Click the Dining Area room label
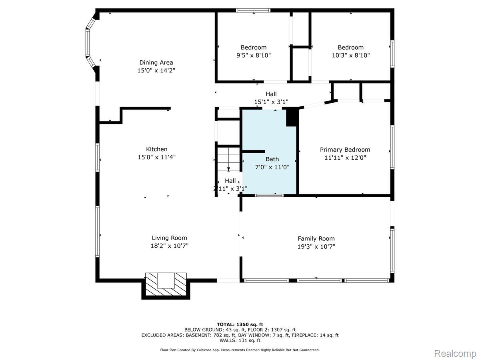click(x=156, y=62)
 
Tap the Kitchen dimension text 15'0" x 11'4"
click(x=156, y=157)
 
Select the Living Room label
click(x=169, y=238)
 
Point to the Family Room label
click(x=316, y=238)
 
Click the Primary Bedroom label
click(x=345, y=150)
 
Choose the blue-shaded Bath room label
click(x=272, y=159)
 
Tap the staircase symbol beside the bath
click(x=228, y=160)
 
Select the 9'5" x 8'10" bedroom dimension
click(x=253, y=56)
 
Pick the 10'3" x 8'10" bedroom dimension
click(x=350, y=56)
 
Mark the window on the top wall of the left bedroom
click(x=253, y=10)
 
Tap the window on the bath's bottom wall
click(x=269, y=195)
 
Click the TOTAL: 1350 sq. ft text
click(x=240, y=324)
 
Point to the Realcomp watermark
click(x=454, y=353)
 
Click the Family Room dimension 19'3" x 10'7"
click(x=316, y=246)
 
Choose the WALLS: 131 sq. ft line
click(x=240, y=340)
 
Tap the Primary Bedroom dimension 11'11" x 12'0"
click(x=345, y=158)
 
